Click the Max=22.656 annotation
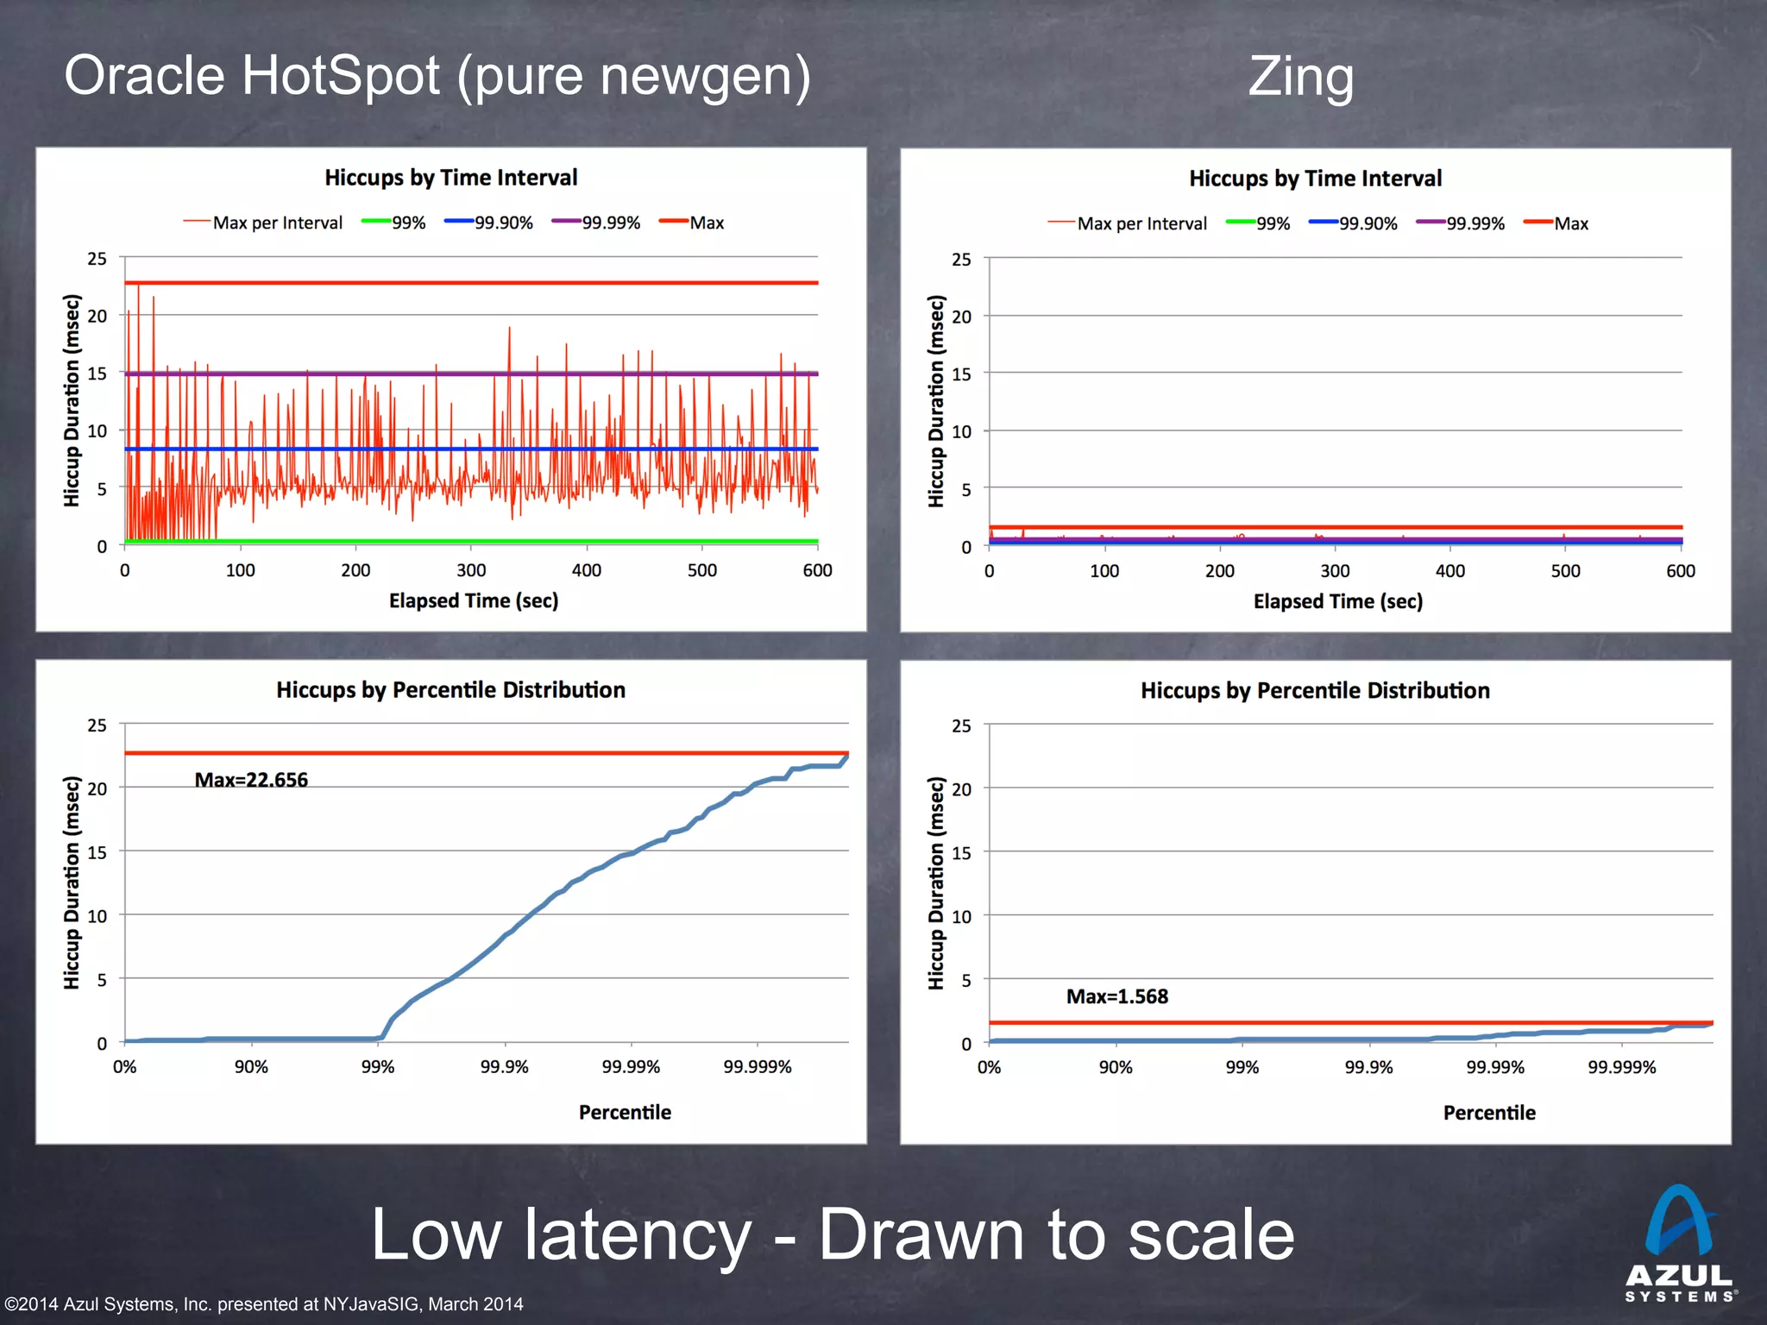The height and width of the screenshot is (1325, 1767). click(251, 780)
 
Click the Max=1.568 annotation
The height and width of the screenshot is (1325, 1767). click(1116, 996)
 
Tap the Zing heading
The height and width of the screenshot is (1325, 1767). click(1300, 77)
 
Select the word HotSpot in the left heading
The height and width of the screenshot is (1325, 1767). click(341, 76)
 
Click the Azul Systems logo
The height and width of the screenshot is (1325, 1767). click(1679, 1242)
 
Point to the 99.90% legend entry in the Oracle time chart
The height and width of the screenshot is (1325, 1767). click(490, 223)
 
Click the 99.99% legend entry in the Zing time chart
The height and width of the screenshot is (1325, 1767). click(1462, 223)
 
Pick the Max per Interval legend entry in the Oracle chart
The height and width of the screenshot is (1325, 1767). click(263, 223)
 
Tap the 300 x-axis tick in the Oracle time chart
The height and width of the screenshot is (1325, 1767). click(471, 570)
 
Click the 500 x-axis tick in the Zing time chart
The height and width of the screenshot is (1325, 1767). click(1565, 571)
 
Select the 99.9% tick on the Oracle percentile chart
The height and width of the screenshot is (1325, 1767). click(504, 1067)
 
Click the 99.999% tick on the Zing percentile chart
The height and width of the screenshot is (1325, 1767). click(1621, 1068)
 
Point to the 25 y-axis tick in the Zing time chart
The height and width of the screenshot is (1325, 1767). click(961, 259)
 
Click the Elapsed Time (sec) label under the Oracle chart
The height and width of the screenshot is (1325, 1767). click(473, 600)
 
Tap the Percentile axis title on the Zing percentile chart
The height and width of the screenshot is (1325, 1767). click(1489, 1113)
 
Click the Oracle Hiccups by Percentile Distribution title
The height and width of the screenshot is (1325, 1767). click(450, 690)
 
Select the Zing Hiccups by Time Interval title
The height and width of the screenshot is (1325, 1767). click(1315, 179)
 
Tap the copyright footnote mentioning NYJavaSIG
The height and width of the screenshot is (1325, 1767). click(264, 1303)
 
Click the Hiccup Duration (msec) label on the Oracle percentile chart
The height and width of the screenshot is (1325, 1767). click(72, 882)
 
